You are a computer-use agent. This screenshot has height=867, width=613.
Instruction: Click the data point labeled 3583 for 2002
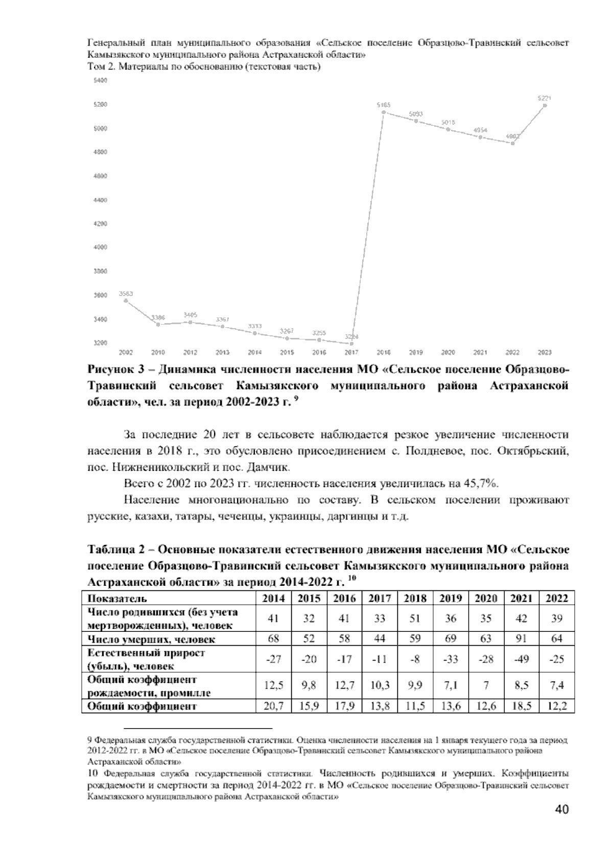pyautogui.click(x=126, y=301)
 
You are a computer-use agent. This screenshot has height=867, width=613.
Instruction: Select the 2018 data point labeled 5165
pyautogui.click(x=384, y=112)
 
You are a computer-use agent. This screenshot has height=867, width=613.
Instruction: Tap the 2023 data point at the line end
pyautogui.click(x=545, y=105)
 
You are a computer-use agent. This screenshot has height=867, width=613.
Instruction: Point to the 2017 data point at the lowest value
pyautogui.click(x=351, y=344)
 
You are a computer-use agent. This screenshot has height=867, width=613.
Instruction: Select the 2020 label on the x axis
pyautogui.click(x=448, y=352)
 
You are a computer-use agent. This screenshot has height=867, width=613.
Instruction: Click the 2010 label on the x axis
pyautogui.click(x=158, y=352)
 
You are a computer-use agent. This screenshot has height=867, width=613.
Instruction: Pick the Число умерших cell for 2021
pyautogui.click(x=521, y=639)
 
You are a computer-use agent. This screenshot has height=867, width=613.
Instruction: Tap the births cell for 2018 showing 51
pyautogui.click(x=415, y=619)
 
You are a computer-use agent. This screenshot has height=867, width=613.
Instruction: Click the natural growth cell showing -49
pyautogui.click(x=521, y=659)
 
